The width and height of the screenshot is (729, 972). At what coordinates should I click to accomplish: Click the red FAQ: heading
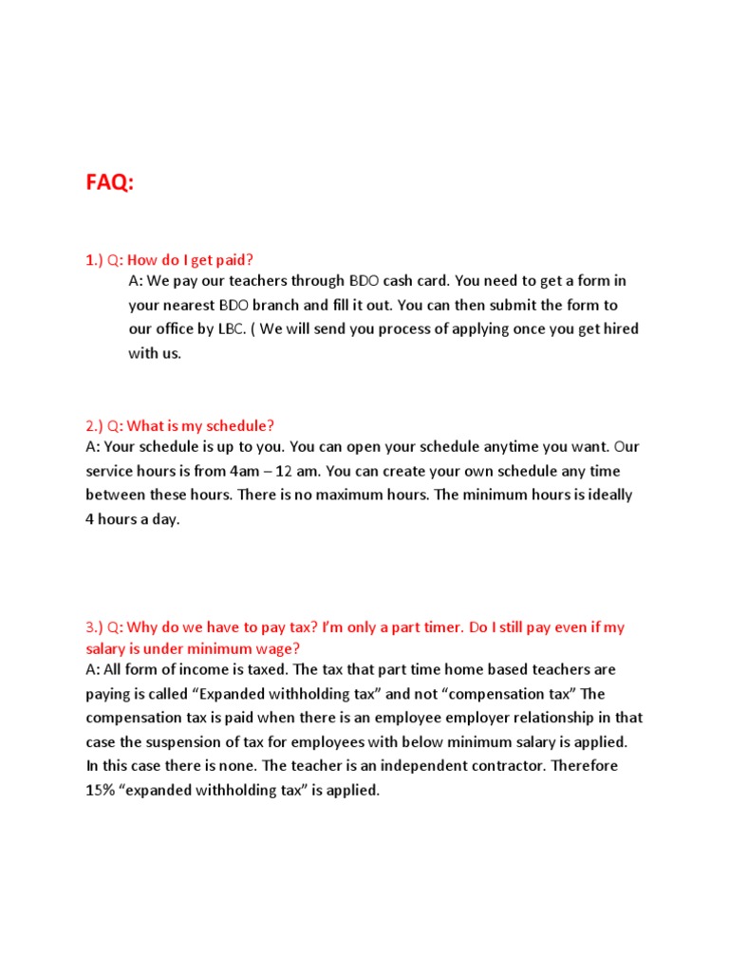click(110, 183)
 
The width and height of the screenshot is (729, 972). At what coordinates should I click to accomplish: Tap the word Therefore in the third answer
click(584, 766)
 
